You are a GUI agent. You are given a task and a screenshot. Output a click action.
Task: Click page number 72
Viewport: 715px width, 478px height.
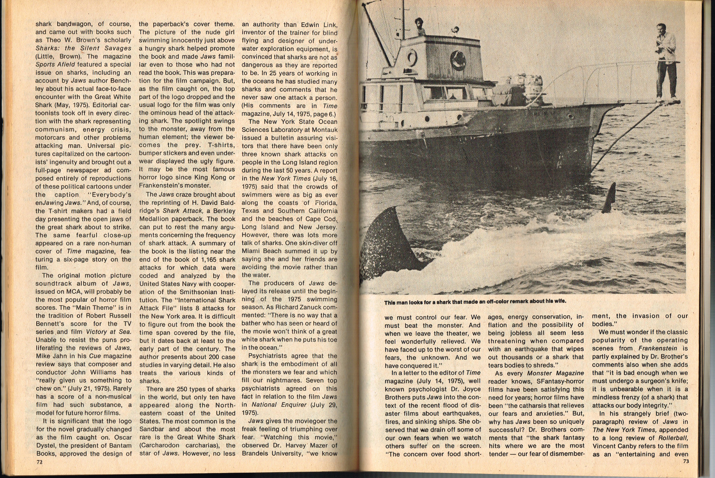point(39,462)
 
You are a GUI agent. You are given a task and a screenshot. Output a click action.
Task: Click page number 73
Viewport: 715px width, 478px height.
point(686,461)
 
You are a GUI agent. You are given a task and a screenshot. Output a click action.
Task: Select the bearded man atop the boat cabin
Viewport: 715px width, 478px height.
point(420,26)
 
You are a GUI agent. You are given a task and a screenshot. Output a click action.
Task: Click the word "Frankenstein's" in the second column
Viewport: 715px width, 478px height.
point(165,186)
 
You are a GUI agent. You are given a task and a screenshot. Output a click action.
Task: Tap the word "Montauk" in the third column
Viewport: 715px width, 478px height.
point(322,130)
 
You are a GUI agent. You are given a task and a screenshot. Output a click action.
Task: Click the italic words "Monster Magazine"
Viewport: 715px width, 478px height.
point(555,373)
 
